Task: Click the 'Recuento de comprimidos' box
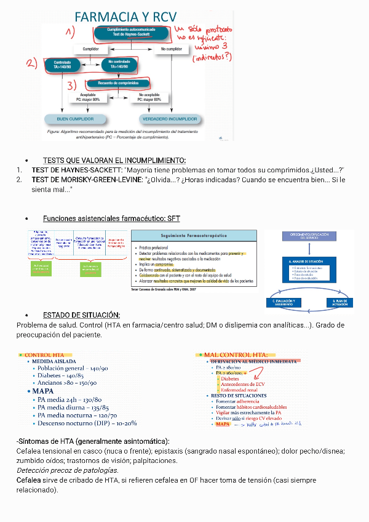(119, 82)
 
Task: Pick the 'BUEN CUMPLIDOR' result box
(76, 118)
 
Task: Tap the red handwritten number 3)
(73, 84)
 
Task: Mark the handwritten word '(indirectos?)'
(212, 57)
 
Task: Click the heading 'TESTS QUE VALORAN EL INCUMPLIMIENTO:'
(114, 160)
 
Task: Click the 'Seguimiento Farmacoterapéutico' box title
(194, 236)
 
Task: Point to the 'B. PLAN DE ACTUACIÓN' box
(335, 302)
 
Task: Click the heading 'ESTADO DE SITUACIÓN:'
(81, 315)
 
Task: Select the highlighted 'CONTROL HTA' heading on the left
(44, 355)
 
